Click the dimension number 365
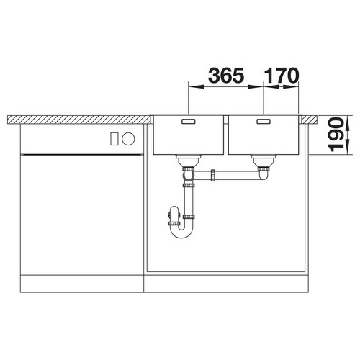[226, 76]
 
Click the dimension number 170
[282, 76]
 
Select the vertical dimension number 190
[336, 135]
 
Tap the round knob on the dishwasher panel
[128, 139]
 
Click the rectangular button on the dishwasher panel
[114, 139]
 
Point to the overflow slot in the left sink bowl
[189, 122]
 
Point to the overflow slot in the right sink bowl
[264, 122]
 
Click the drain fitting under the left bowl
[189, 161]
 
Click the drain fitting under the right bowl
[264, 161]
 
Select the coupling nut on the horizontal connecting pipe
[212, 176]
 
